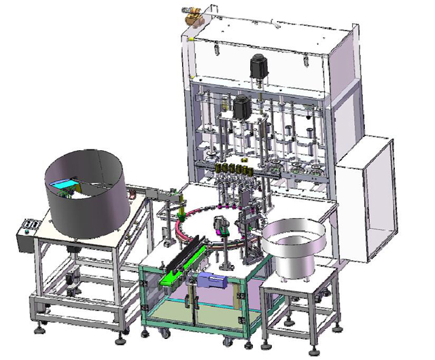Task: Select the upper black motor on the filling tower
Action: pyautogui.click(x=258, y=67)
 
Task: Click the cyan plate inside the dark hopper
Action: pyautogui.click(x=64, y=183)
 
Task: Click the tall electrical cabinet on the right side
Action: pyautogui.click(x=368, y=197)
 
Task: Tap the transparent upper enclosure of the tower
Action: pyautogui.click(x=272, y=51)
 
